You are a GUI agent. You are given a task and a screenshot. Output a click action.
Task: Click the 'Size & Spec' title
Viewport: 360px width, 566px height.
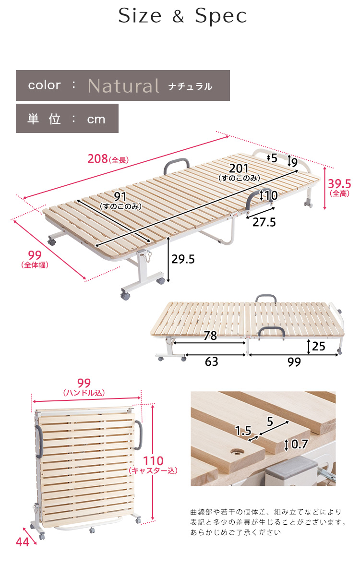click(x=182, y=16)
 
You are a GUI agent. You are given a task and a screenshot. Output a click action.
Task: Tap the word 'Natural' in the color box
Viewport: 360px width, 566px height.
click(x=123, y=86)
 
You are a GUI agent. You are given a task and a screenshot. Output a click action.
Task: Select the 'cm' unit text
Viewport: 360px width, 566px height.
click(x=96, y=119)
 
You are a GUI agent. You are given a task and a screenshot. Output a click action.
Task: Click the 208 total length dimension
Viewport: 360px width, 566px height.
click(x=97, y=158)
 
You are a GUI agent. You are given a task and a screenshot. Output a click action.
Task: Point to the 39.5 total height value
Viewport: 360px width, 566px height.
click(x=339, y=183)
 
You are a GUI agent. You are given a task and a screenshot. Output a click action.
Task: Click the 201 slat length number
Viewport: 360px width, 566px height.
click(x=239, y=168)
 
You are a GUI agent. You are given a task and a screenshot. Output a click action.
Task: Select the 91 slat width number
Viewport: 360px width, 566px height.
click(x=120, y=196)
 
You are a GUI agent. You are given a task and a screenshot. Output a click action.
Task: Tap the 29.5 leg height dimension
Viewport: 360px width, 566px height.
click(x=183, y=259)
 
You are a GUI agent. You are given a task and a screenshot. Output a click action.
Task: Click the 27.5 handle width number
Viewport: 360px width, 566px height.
click(x=264, y=222)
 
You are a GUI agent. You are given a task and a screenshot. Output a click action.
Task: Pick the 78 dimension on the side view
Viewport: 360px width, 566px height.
click(x=210, y=336)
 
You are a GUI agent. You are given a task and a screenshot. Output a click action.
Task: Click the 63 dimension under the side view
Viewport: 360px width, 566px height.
click(x=212, y=361)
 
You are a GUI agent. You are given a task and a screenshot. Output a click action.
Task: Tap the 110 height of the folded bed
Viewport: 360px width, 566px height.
click(x=153, y=460)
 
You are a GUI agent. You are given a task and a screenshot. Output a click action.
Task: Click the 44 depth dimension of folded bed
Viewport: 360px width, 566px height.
click(x=23, y=542)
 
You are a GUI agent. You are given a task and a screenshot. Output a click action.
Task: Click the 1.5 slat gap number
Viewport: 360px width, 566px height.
click(x=243, y=430)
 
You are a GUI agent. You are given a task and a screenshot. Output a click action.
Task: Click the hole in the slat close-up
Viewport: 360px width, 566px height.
click(x=237, y=451)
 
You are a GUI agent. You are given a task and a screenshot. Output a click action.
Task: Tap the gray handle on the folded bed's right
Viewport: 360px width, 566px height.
click(x=139, y=434)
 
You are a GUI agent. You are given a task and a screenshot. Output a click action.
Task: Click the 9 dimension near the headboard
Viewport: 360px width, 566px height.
click(x=294, y=162)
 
